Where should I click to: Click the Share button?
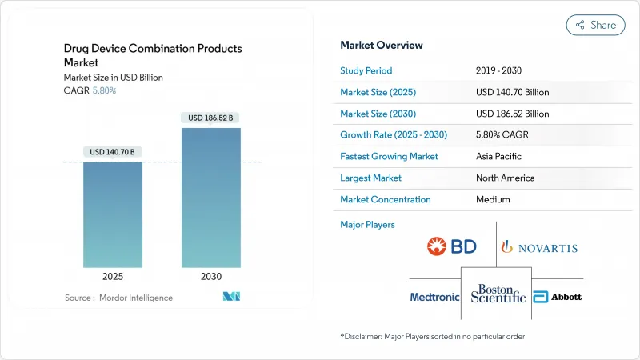coord(596,25)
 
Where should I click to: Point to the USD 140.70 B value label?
coord(113,152)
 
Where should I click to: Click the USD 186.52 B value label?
coord(210,118)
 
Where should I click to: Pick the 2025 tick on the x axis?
coord(113,277)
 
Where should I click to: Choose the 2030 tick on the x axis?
coord(210,277)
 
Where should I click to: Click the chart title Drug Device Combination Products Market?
coord(153,55)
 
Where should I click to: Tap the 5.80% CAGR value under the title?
coord(103,90)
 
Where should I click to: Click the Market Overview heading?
coord(382,45)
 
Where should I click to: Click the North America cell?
coord(505,178)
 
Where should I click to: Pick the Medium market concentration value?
coord(494,199)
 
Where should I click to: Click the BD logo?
coord(452,246)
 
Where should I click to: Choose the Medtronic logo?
coord(434,297)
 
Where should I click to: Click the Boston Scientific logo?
coord(498,294)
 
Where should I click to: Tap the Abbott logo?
coord(558,297)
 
